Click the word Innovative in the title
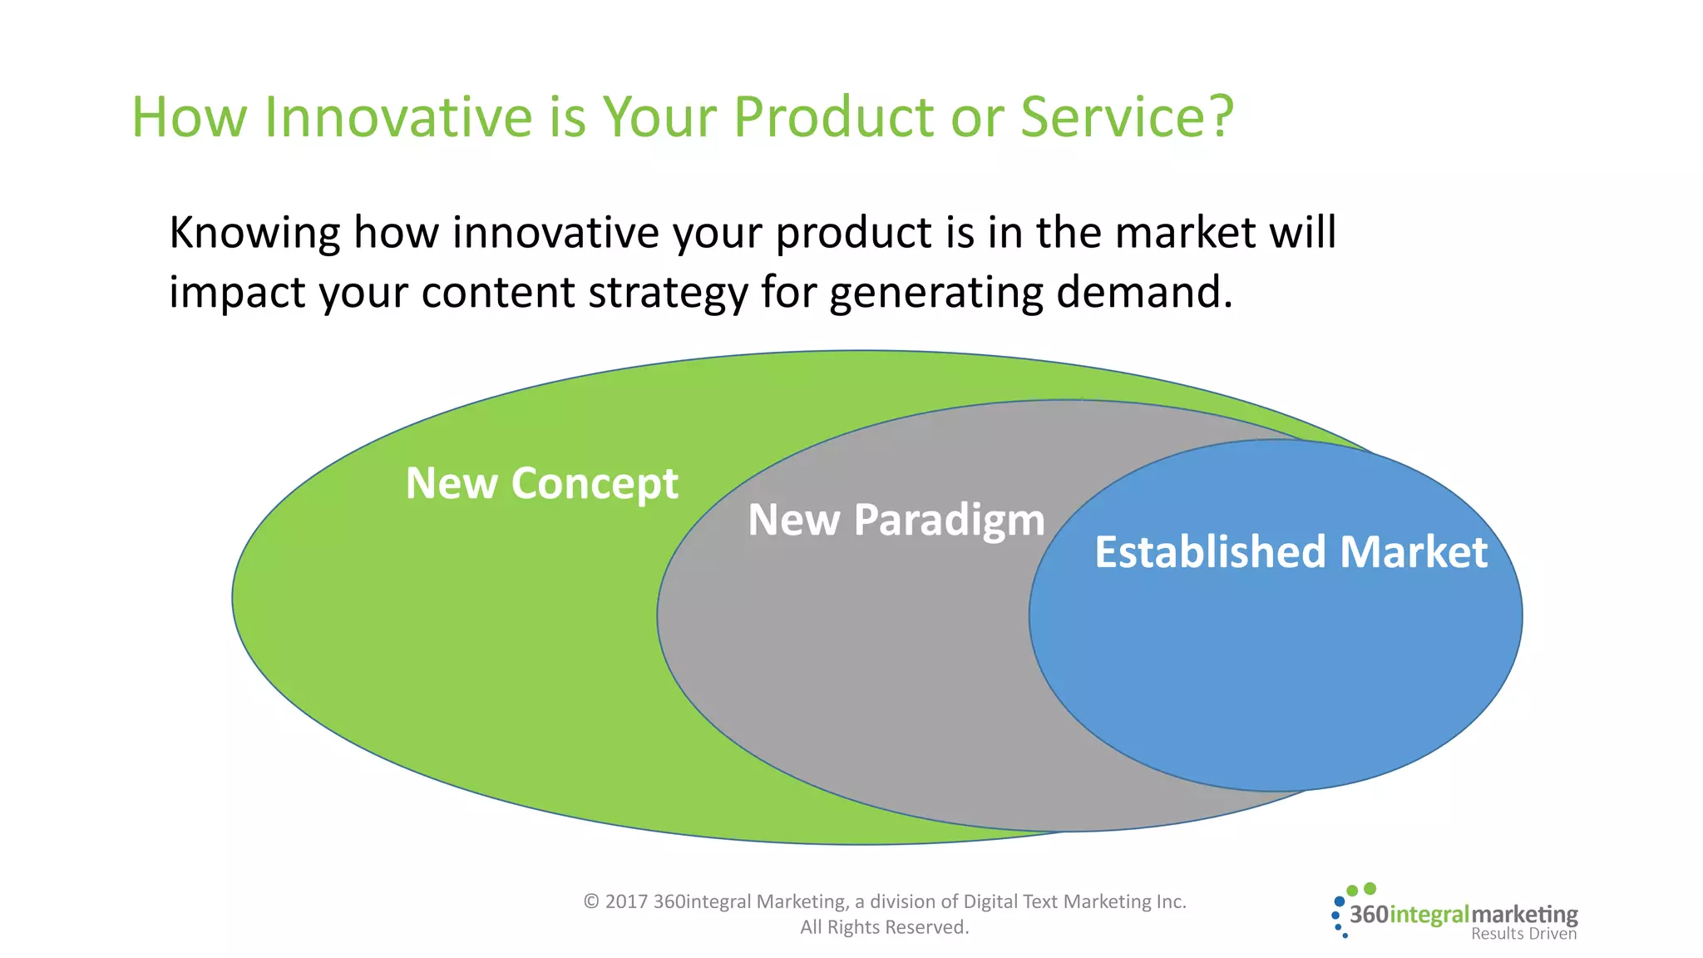(397, 116)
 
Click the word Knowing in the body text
(254, 233)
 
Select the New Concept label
(541, 483)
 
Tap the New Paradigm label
(896, 521)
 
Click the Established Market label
(1291, 552)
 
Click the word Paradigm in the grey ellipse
(949, 521)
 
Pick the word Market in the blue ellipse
(1413, 552)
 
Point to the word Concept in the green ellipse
(595, 483)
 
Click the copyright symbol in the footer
(590, 901)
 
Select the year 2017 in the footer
(626, 901)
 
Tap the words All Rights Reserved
(884, 927)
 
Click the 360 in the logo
(1369, 915)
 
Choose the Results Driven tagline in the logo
(1523, 934)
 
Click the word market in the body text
(1184, 233)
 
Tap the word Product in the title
(834, 116)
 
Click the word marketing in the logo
(1524, 915)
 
